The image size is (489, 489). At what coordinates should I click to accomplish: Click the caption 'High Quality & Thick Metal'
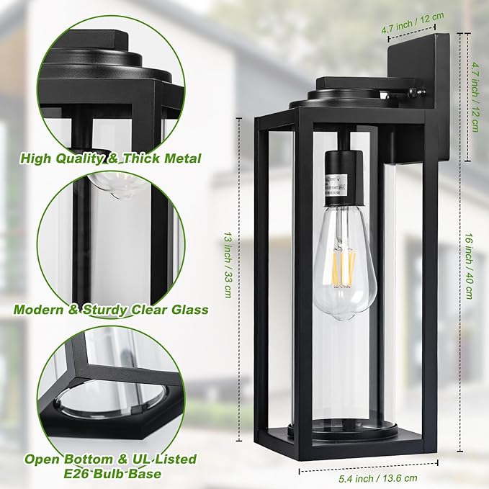(x=110, y=158)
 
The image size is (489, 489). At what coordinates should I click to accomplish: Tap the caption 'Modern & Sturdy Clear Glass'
(x=110, y=310)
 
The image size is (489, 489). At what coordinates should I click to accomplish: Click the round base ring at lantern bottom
(x=344, y=430)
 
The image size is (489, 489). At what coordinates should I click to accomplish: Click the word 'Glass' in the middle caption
(x=186, y=310)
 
